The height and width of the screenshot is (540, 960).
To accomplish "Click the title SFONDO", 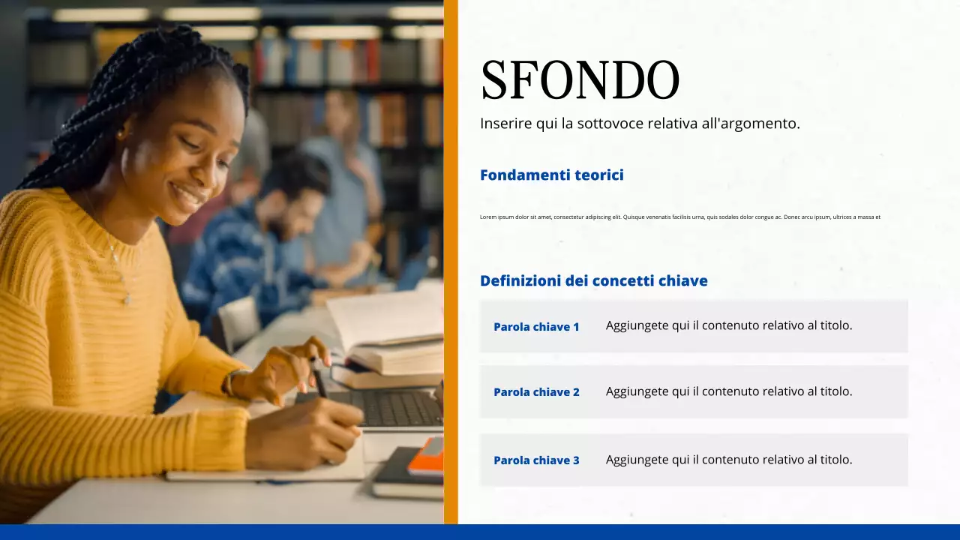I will coord(580,79).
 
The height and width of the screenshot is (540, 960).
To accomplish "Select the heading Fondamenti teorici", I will coord(551,175).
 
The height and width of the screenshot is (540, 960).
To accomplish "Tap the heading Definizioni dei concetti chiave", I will coord(593,281).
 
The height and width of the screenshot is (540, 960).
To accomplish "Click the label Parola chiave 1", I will coord(536,327).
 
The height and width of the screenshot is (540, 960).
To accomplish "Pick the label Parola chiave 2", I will coord(536,392).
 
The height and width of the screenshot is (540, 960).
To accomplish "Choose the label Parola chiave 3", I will coord(536,460).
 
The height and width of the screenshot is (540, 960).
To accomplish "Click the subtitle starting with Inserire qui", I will coord(640,124).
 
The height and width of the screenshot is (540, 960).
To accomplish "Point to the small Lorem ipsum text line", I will coord(679,217).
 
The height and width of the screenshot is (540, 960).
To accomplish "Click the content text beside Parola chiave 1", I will coord(728,325).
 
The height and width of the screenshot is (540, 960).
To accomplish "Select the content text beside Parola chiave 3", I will coord(728,460).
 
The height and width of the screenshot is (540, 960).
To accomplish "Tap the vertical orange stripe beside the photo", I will coord(451,262).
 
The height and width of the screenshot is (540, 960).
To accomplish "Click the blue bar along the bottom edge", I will coord(480,532).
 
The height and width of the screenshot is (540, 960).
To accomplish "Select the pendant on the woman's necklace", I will coord(127,298).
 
